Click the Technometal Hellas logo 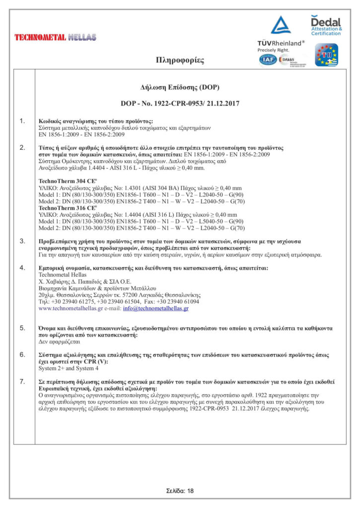[55, 37]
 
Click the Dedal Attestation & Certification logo [326, 25]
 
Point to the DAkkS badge [288, 60]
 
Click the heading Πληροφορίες [180, 61]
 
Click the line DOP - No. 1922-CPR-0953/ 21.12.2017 [180, 103]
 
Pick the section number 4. [22, 268]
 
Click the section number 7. [22, 381]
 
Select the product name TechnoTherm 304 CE [64, 181]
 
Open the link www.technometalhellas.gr [70, 309]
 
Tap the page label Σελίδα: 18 [180, 491]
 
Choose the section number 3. [22, 241]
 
